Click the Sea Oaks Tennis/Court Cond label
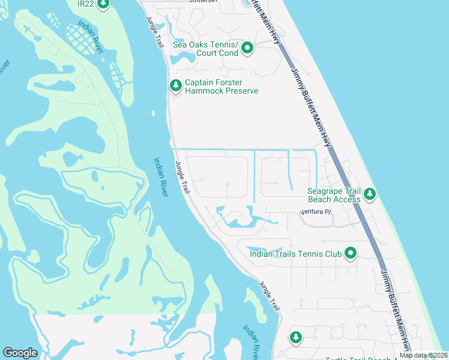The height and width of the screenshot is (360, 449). (206, 49)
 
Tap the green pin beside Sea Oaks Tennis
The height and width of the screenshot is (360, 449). (247, 49)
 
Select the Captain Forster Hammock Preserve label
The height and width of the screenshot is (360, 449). (221, 87)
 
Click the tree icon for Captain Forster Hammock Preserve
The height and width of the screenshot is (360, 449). (176, 86)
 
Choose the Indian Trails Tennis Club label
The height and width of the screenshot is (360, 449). (296, 254)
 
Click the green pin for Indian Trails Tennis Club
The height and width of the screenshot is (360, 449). (350, 254)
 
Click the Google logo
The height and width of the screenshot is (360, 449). (20, 353)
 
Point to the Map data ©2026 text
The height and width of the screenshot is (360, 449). (423, 355)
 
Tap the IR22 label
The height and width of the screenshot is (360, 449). (86, 4)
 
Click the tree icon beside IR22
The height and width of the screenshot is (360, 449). (103, 4)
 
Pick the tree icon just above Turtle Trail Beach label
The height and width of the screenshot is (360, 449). (295, 337)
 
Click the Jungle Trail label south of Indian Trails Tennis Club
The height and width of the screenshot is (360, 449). (270, 295)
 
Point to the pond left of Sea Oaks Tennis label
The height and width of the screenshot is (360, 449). (182, 58)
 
